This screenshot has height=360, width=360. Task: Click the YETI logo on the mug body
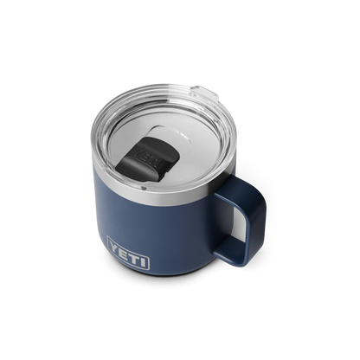[x=128, y=253]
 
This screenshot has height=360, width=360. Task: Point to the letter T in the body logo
[x=134, y=256]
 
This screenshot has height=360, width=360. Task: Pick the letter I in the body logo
[x=144, y=260]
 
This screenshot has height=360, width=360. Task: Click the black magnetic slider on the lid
[x=148, y=159]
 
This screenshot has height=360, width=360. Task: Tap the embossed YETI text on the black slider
[x=149, y=157]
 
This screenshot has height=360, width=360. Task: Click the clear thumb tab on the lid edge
[x=204, y=93]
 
